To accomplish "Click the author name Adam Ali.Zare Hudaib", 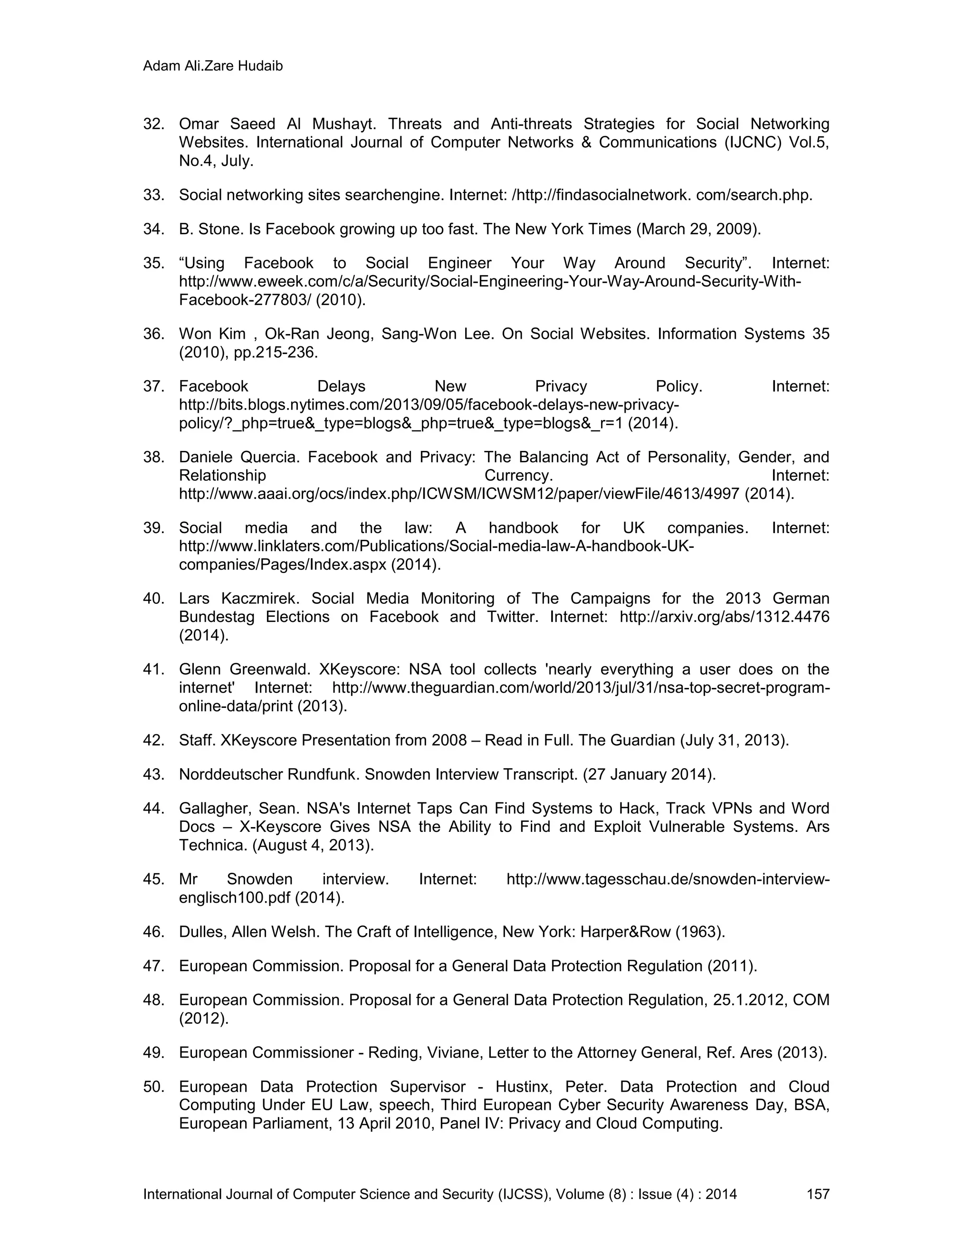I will pos(213,67).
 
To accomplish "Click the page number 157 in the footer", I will pos(817,1194).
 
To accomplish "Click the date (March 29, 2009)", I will pos(698,229).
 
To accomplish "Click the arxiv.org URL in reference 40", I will pos(724,617).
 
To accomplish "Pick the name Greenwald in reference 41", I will pos(270,669).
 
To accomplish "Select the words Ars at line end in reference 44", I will pos(817,827).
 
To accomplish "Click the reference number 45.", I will pos(153,879).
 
